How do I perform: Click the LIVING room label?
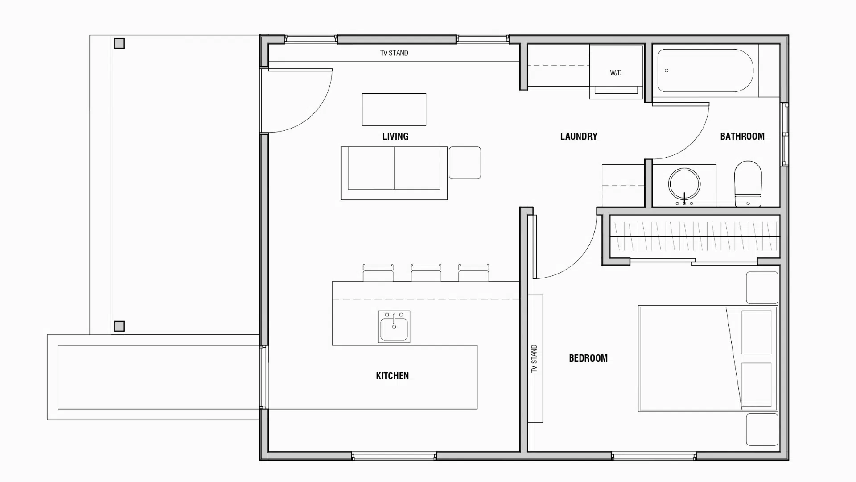click(x=395, y=136)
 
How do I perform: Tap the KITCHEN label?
click(x=392, y=376)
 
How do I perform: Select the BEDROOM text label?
click(x=588, y=358)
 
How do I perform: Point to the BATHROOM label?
click(x=742, y=136)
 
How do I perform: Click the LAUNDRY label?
click(x=579, y=136)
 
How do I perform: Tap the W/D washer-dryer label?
click(x=616, y=73)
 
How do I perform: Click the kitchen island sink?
click(x=394, y=327)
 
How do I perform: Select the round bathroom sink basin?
click(x=684, y=184)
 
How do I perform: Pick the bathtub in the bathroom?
click(x=705, y=71)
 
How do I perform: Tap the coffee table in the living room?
click(x=394, y=109)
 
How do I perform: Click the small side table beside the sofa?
click(x=465, y=162)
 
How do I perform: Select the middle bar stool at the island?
click(x=426, y=273)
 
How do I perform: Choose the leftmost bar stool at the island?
click(x=378, y=273)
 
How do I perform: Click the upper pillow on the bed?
click(x=757, y=332)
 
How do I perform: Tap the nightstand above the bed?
click(x=762, y=288)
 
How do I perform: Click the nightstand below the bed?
click(x=762, y=429)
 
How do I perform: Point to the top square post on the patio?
click(x=119, y=43)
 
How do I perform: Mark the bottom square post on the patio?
click(x=119, y=326)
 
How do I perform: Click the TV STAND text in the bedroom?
click(x=534, y=358)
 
